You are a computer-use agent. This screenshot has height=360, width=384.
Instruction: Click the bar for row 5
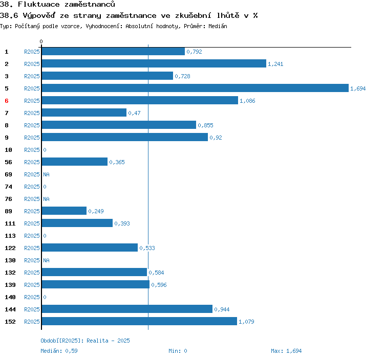point(195,88)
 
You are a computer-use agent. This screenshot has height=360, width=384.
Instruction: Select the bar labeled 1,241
point(154,64)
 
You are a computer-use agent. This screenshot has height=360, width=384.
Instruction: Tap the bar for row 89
point(64,211)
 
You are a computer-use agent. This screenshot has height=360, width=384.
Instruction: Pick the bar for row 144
point(126,309)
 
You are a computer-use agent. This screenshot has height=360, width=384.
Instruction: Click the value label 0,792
point(194,52)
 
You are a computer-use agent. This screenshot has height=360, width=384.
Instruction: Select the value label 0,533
point(147,248)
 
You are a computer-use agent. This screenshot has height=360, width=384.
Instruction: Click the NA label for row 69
point(46,174)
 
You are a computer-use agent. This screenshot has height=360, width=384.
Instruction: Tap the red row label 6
point(7,101)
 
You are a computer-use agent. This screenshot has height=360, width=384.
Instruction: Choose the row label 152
point(10,322)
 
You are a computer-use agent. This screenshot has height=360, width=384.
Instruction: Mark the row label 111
point(10,223)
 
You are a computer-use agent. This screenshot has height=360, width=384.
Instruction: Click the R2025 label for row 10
point(32,150)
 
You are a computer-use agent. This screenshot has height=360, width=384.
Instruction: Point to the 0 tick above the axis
point(41,41)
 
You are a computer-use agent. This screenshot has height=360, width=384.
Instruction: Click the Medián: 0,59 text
point(59,351)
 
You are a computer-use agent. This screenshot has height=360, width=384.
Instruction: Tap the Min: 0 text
point(178,351)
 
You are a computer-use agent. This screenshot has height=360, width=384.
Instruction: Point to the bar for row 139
point(95,285)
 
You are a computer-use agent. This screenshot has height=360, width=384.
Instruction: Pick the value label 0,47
point(134,113)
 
